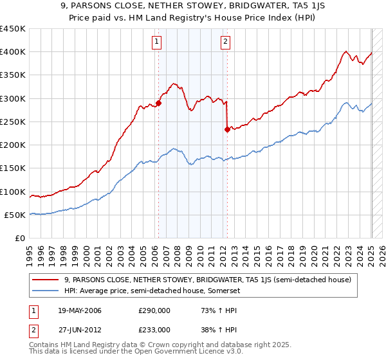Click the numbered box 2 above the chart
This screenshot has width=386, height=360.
click(x=226, y=43)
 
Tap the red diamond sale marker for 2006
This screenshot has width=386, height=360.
click(x=159, y=102)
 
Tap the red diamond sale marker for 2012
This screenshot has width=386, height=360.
click(x=227, y=129)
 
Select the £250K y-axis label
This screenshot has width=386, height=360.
click(x=13, y=122)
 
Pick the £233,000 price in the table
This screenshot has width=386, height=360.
click(x=154, y=330)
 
